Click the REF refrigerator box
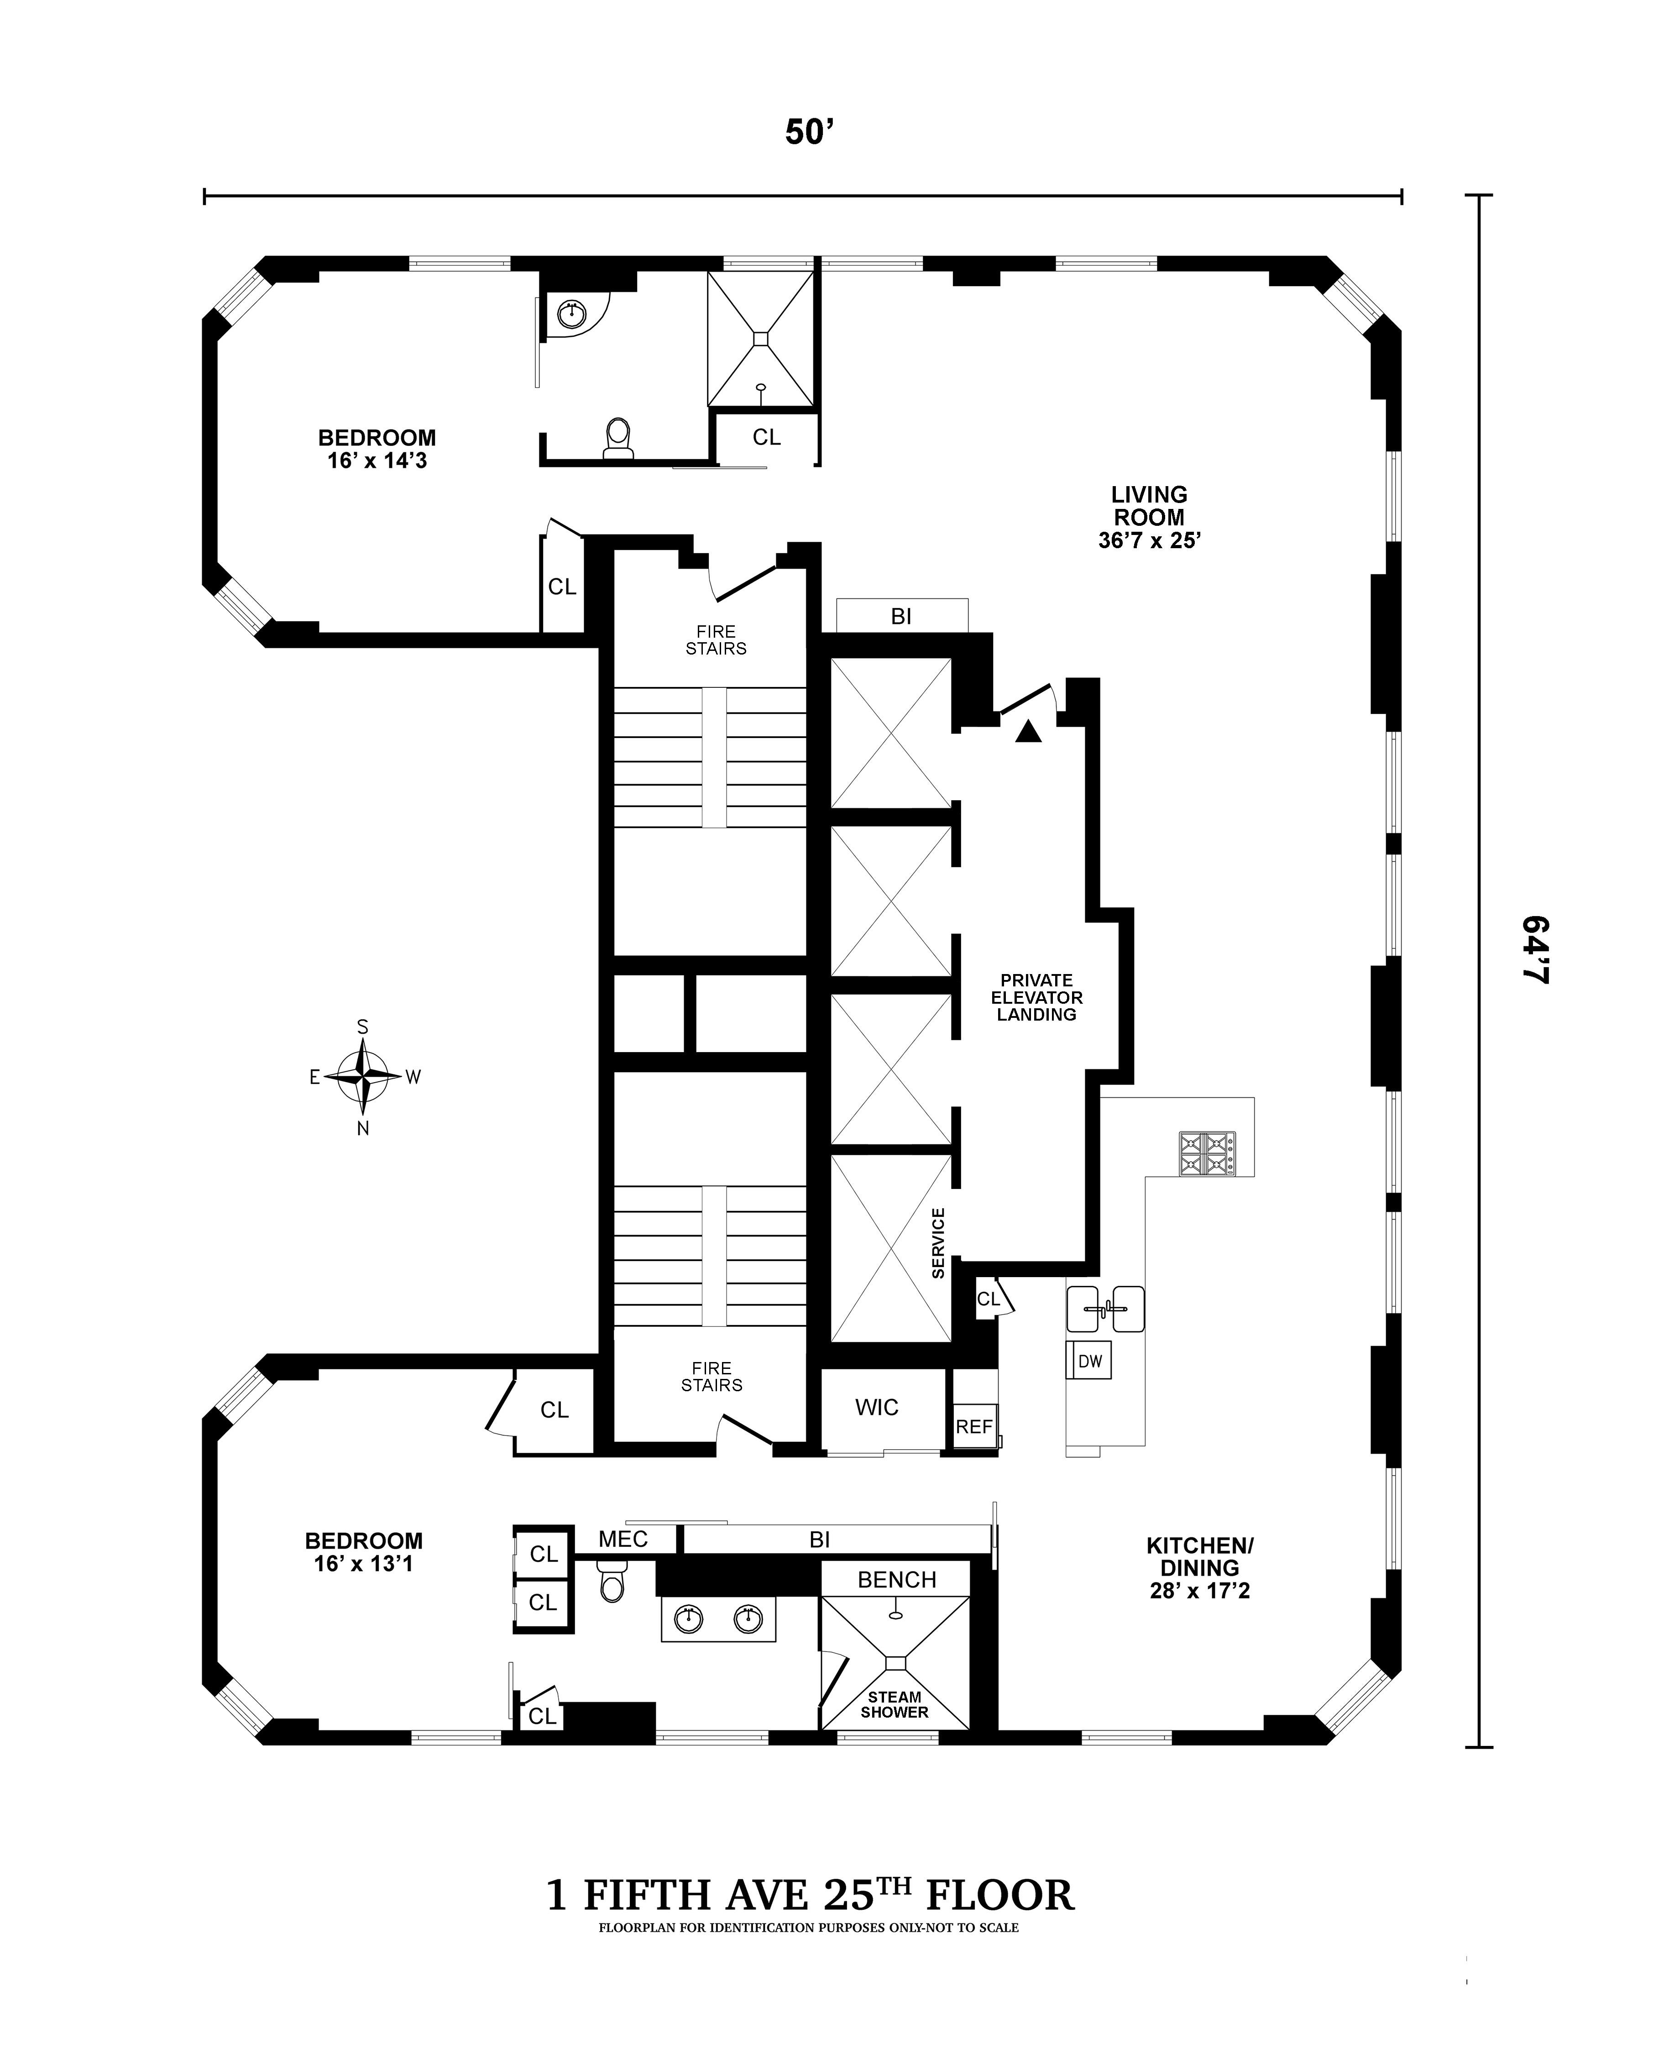[x=974, y=1427]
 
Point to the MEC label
[x=623, y=1539]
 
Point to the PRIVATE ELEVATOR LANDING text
[x=1036, y=997]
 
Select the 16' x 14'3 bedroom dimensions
[x=377, y=461]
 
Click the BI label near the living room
[x=901, y=616]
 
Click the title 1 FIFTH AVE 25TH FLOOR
[x=810, y=1895]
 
